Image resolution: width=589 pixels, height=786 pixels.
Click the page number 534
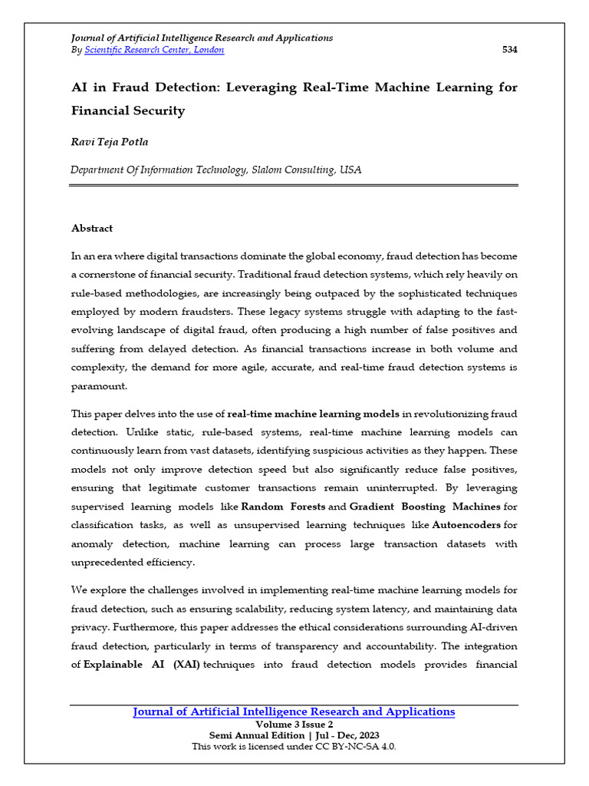coord(509,50)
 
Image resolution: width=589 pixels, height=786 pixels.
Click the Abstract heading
coord(92,228)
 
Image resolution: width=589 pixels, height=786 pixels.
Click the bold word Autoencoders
coord(467,525)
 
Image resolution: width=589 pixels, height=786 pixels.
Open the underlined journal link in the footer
coord(294,712)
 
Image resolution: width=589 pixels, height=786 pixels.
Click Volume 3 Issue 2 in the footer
coord(294,725)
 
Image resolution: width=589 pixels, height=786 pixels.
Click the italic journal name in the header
coord(202,38)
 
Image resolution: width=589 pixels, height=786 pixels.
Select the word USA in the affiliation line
coord(350,170)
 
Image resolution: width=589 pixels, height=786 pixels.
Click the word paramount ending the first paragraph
coord(100,387)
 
